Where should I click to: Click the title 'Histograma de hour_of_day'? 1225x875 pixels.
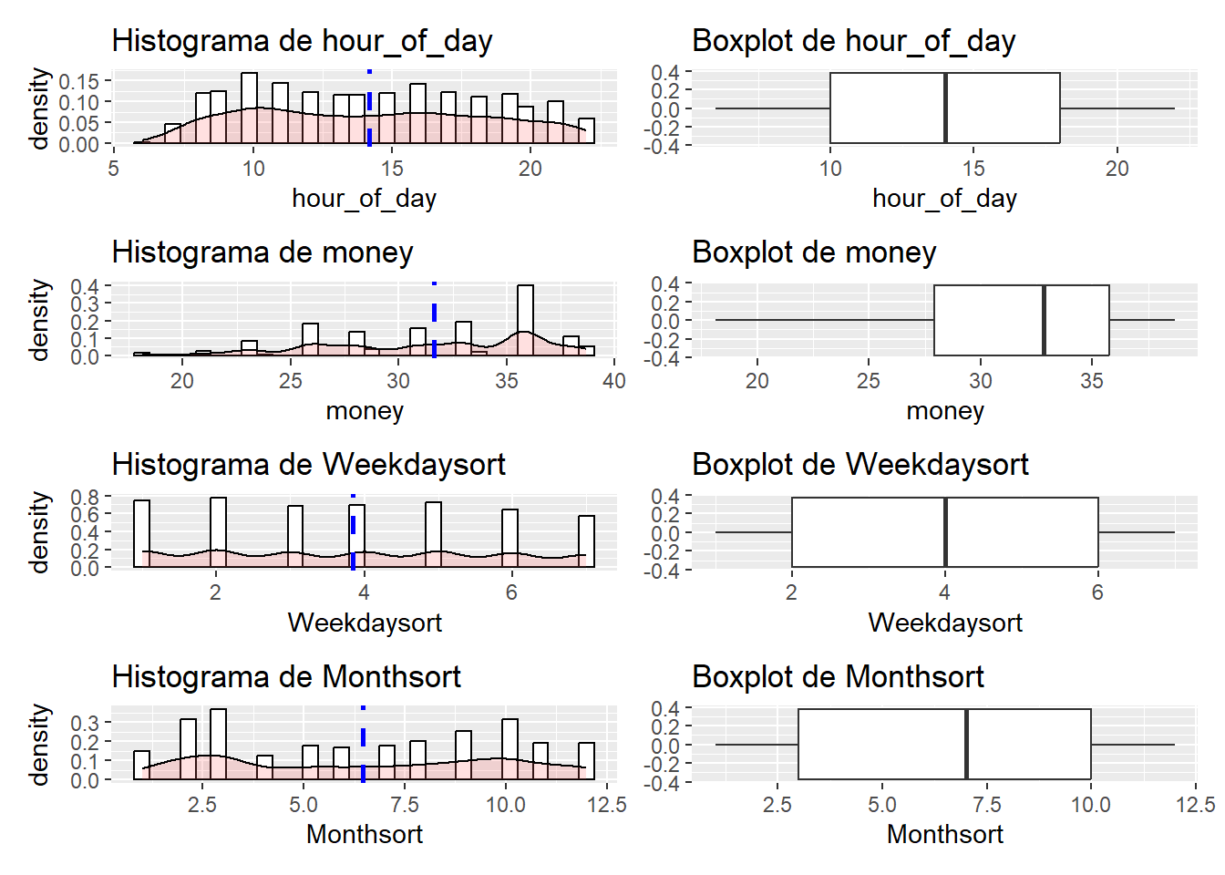pyautogui.click(x=302, y=41)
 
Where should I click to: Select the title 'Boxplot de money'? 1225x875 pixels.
pyautogui.click(x=814, y=252)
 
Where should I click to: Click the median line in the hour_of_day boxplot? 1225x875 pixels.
pyautogui.click(x=945, y=108)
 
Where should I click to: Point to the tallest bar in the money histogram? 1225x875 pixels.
pyautogui.click(x=525, y=320)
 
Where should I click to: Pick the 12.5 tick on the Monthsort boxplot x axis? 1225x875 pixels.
pyautogui.click(x=1195, y=805)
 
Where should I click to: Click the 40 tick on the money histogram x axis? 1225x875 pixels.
pyautogui.click(x=614, y=381)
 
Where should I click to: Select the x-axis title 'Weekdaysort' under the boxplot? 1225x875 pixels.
pyautogui.click(x=945, y=623)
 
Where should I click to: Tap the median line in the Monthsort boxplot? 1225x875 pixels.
pyautogui.click(x=966, y=744)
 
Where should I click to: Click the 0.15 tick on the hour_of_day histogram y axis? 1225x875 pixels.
pyautogui.click(x=78, y=81)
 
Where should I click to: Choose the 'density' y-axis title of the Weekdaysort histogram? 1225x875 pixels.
pyautogui.click(x=38, y=532)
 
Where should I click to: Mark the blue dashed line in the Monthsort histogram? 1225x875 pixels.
pyautogui.click(x=363, y=744)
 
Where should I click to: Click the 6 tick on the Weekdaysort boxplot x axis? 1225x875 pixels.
pyautogui.click(x=1097, y=592)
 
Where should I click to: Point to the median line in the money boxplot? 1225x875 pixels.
pyautogui.click(x=1044, y=320)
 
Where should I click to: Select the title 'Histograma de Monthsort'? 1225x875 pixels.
pyautogui.click(x=286, y=677)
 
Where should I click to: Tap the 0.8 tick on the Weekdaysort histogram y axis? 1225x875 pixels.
pyautogui.click(x=85, y=498)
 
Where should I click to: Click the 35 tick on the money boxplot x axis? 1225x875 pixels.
pyautogui.click(x=1092, y=381)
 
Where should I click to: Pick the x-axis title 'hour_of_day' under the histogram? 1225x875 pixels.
pyautogui.click(x=364, y=199)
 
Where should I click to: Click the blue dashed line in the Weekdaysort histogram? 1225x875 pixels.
pyautogui.click(x=353, y=532)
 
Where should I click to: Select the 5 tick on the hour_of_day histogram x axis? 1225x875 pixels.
pyautogui.click(x=113, y=169)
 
